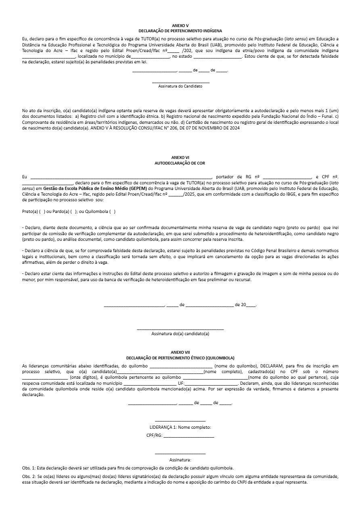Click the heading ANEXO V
click(180, 25)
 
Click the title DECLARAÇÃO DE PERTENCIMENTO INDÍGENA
click(180, 31)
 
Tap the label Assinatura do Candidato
click(180, 86)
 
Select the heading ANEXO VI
click(180, 157)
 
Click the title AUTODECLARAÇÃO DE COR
click(180, 163)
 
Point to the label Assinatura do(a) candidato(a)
click(180, 334)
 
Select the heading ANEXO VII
click(180, 352)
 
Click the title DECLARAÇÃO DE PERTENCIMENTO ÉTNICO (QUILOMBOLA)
click(180, 358)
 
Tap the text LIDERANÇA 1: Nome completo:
click(180, 428)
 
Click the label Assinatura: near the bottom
click(180, 459)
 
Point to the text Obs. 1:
click(29, 468)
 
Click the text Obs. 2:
click(29, 477)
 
